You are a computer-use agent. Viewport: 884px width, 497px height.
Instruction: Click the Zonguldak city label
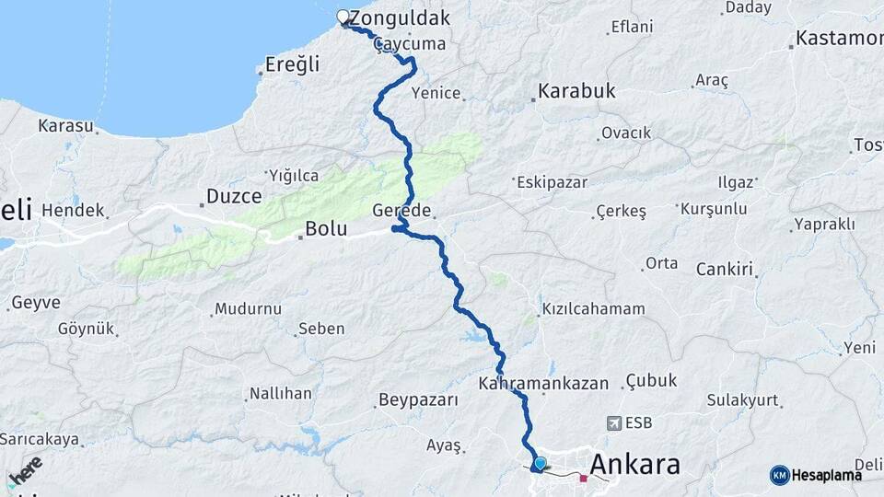(400, 17)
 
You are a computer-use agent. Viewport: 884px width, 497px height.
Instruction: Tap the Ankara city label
(634, 464)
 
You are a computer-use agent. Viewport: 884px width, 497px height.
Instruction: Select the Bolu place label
(326, 228)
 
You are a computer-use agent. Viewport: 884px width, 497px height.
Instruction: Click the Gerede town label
(401, 211)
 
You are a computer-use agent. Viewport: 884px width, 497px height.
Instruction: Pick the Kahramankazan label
(543, 381)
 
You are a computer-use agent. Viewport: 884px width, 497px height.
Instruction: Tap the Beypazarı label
(418, 400)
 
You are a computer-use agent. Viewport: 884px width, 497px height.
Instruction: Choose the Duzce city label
(234, 196)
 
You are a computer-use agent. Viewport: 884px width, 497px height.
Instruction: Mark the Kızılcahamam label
(593, 308)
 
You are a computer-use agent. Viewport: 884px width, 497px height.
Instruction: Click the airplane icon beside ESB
(614, 423)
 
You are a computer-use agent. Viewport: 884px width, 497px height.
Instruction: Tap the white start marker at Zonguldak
(343, 17)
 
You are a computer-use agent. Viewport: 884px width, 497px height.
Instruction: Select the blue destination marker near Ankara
(539, 464)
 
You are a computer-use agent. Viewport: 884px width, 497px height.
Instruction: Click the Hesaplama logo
(816, 475)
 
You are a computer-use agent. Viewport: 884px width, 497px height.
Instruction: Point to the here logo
(26, 471)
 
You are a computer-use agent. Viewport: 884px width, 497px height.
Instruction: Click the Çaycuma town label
(411, 44)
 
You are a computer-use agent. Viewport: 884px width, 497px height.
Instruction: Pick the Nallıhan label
(280, 393)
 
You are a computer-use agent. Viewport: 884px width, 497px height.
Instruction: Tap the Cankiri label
(725, 270)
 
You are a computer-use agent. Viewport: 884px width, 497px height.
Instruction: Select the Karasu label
(65, 125)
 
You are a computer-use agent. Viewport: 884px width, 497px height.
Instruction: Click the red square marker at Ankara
(583, 478)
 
